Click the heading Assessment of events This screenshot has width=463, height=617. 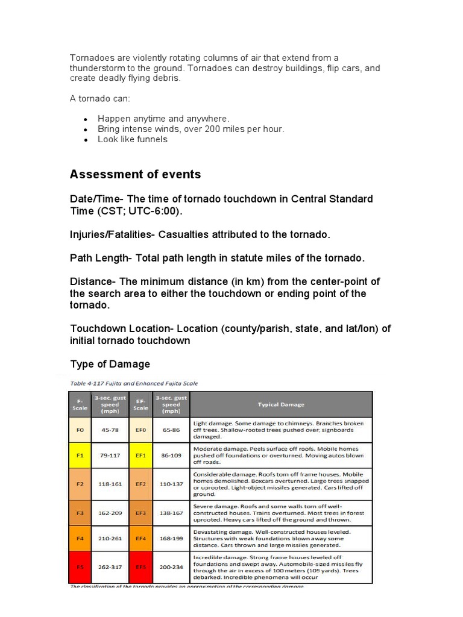point(135,175)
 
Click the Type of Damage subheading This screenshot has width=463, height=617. point(110,364)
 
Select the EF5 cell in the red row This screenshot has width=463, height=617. point(140,567)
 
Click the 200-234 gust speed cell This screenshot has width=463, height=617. point(171,567)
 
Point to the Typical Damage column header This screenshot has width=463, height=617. point(281,404)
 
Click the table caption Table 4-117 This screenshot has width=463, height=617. point(134,383)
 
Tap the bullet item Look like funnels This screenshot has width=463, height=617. point(133,139)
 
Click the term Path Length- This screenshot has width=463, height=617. point(101,258)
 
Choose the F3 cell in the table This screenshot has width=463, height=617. point(80,513)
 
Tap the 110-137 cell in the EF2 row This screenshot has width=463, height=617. point(171,484)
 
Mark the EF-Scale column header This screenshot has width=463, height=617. point(140,404)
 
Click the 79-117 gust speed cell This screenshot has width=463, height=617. point(110,456)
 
